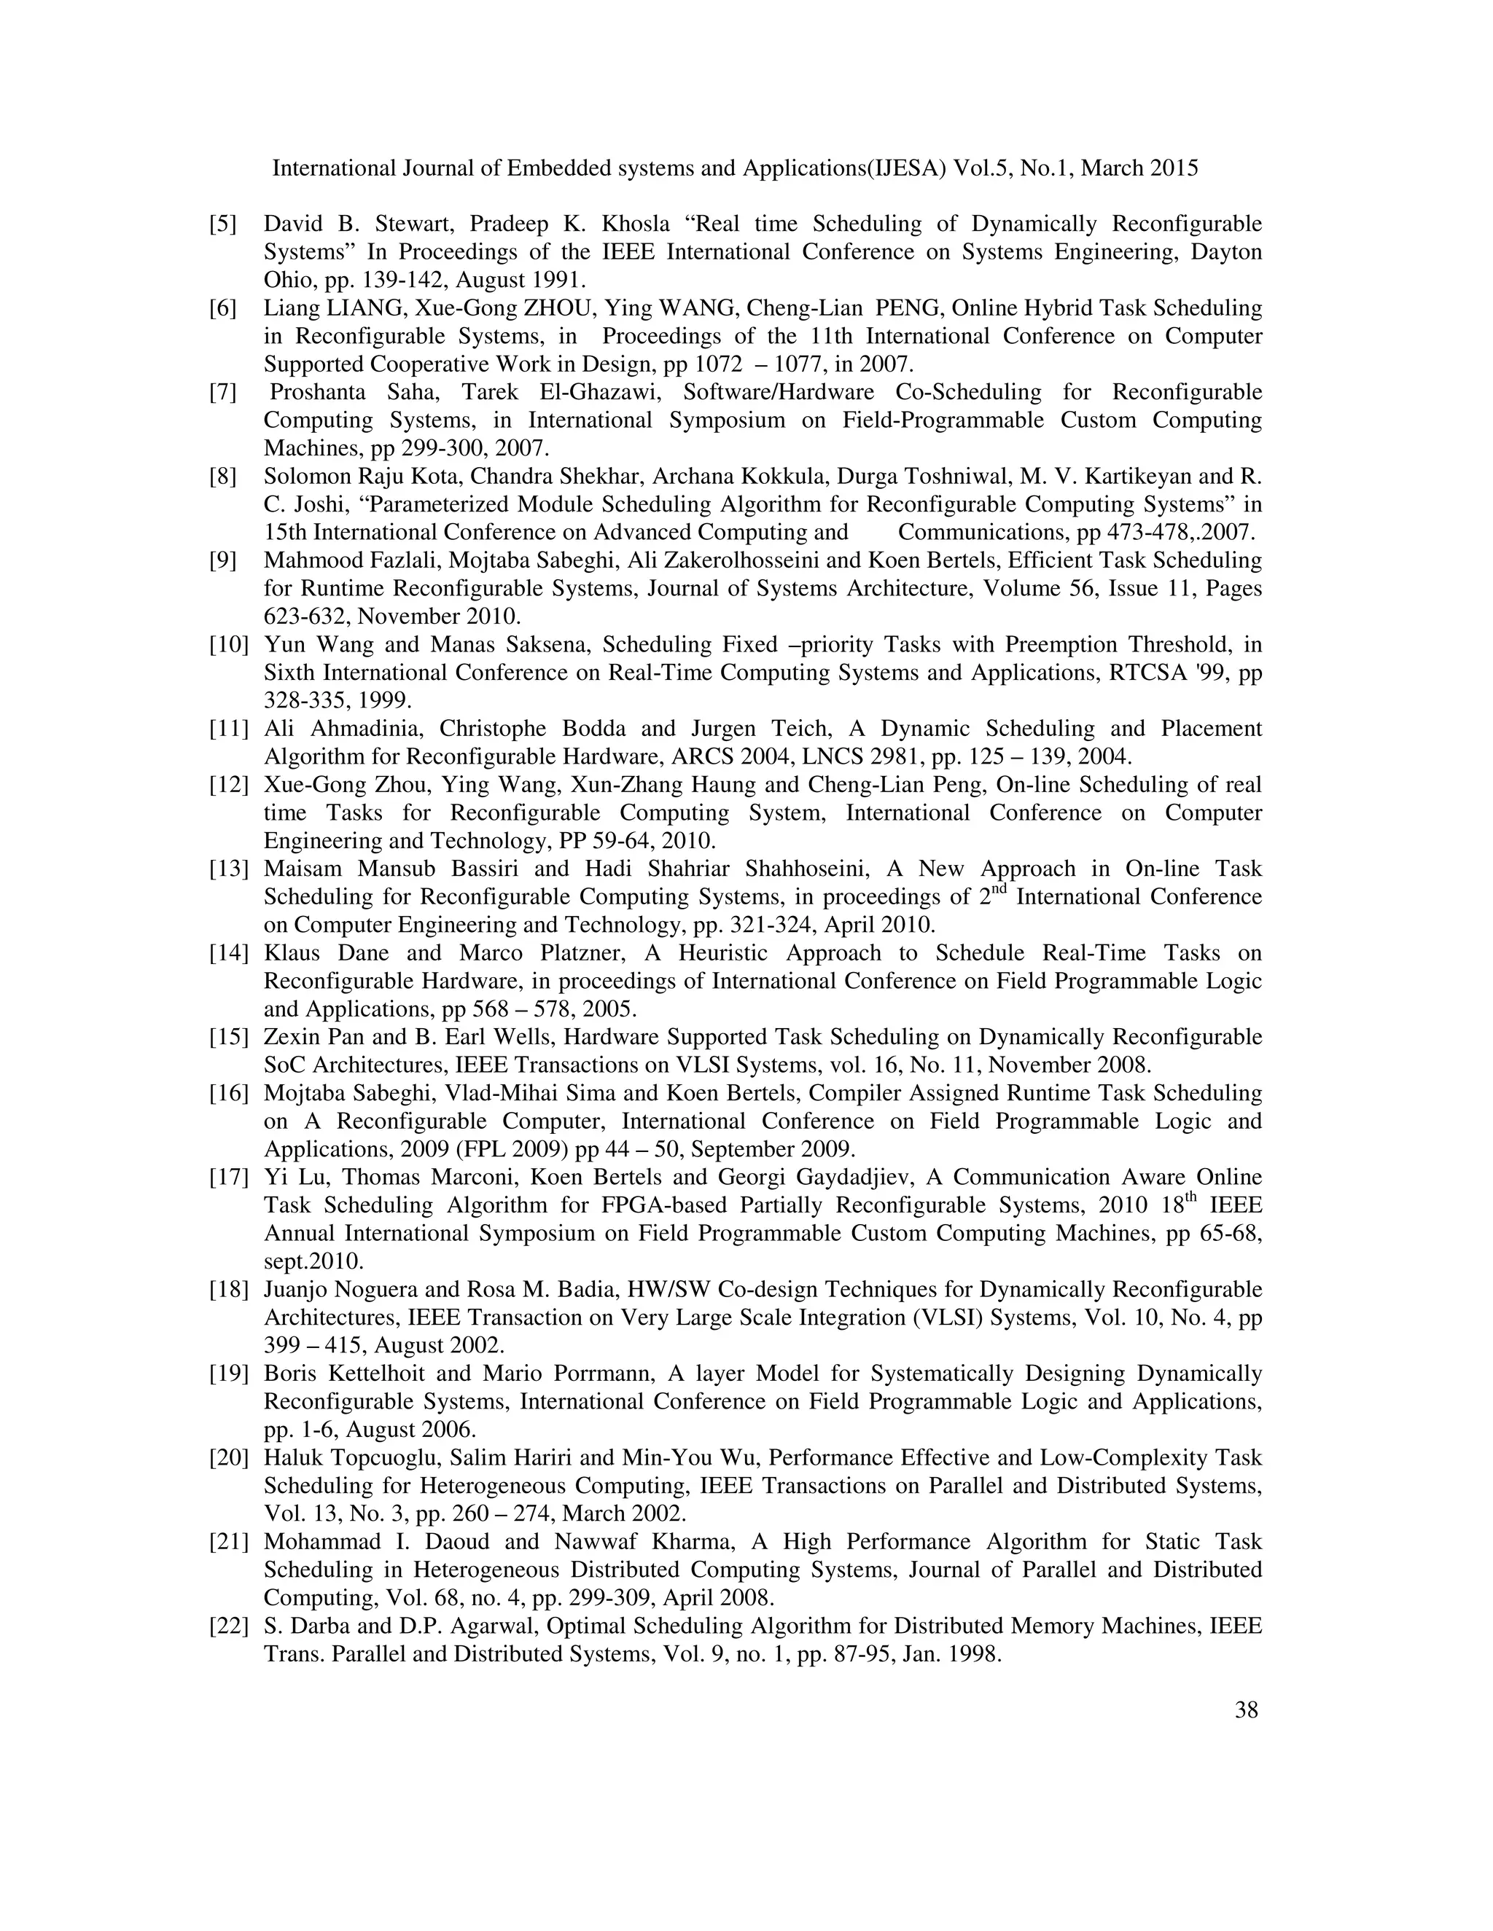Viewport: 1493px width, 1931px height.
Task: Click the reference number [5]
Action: tap(223, 224)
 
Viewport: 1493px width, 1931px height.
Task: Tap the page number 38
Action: tap(1246, 1735)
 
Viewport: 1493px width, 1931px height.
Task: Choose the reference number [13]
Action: tap(228, 869)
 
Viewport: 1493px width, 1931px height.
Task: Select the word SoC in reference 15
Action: tap(282, 1065)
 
